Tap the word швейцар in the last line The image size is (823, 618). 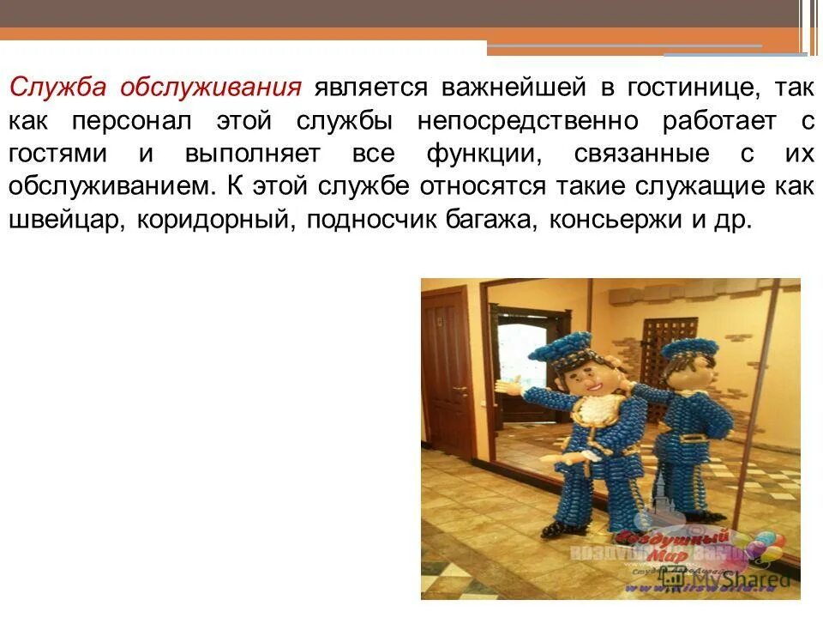click(58, 220)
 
